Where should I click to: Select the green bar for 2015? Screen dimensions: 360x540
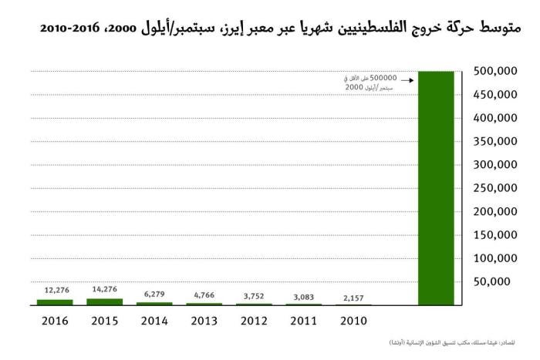pyautogui.click(x=104, y=301)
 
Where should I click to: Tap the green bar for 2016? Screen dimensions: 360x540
pyautogui.click(x=54, y=302)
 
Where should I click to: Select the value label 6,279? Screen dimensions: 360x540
pyautogui.click(x=154, y=294)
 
